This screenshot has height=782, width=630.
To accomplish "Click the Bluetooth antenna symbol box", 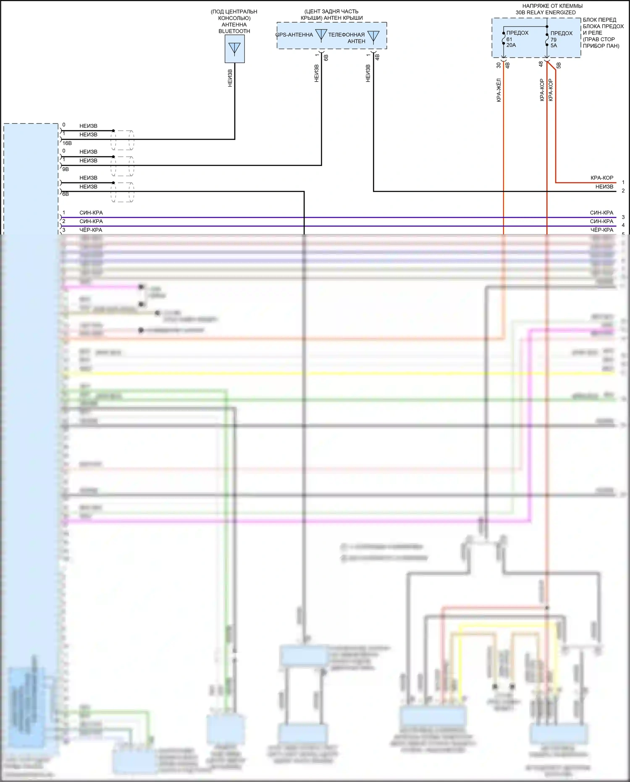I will click(x=234, y=49).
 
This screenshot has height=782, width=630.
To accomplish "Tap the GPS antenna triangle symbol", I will click(x=321, y=35).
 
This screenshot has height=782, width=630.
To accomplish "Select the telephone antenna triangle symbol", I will click(x=373, y=37).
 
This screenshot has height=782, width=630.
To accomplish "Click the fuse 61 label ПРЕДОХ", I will click(x=517, y=33).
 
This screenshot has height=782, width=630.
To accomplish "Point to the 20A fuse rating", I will click(x=511, y=45).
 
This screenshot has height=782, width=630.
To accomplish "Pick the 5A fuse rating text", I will click(x=554, y=45).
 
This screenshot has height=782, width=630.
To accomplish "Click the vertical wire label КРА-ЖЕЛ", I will click(x=499, y=90).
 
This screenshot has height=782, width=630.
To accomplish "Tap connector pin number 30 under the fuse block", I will click(x=499, y=65).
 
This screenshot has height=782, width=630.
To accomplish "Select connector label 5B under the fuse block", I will click(x=559, y=65).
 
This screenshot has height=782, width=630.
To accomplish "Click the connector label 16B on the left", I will click(x=67, y=143).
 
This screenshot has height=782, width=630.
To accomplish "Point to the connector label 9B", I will click(x=66, y=169).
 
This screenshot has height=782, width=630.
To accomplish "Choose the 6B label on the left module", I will click(x=66, y=194).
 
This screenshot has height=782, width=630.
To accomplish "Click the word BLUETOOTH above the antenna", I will click(x=234, y=31).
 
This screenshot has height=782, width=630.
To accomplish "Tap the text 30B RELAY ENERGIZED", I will click(x=546, y=13).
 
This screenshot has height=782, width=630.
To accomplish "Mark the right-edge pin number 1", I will click(x=623, y=182).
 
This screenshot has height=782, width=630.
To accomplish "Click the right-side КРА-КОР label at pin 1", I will click(x=602, y=178).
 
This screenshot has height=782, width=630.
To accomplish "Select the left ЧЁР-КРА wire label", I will click(x=91, y=230).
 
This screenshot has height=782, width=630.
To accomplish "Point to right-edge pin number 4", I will click(x=623, y=225).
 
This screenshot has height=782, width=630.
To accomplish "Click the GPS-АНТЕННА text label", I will click(x=294, y=35).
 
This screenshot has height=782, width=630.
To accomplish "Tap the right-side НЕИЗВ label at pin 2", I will click(x=604, y=187).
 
